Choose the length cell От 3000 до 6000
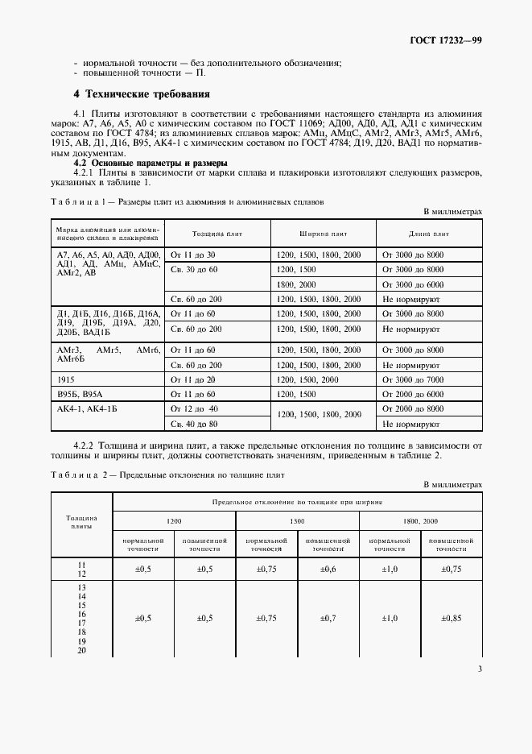[413, 284]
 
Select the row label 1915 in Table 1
[66, 379]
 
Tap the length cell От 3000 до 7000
[413, 379]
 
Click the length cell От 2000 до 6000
[413, 394]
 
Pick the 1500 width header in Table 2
[297, 522]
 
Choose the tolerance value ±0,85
[451, 619]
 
